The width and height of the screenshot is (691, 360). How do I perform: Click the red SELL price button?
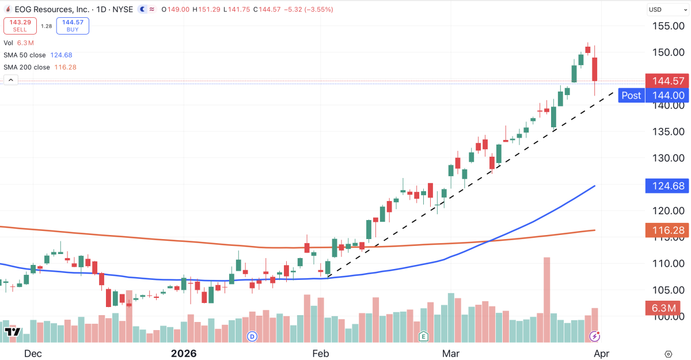[x=20, y=25]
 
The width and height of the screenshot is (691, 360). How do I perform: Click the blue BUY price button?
[x=72, y=25]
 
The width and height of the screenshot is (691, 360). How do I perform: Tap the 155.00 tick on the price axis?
[x=668, y=26]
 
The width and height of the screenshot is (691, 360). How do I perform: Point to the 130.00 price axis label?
[x=668, y=158]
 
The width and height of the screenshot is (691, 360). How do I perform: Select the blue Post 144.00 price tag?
[x=654, y=96]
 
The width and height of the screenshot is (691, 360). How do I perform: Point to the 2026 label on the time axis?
[x=183, y=353]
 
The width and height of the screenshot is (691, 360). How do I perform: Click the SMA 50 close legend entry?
[x=37, y=55]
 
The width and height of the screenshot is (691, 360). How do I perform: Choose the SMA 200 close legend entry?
[x=40, y=67]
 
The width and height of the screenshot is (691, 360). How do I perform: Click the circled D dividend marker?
[x=252, y=336]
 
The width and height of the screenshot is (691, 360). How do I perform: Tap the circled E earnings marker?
[x=423, y=336]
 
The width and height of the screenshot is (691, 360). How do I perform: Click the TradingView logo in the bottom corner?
[x=13, y=332]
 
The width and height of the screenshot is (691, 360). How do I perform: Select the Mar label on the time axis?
[x=449, y=353]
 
